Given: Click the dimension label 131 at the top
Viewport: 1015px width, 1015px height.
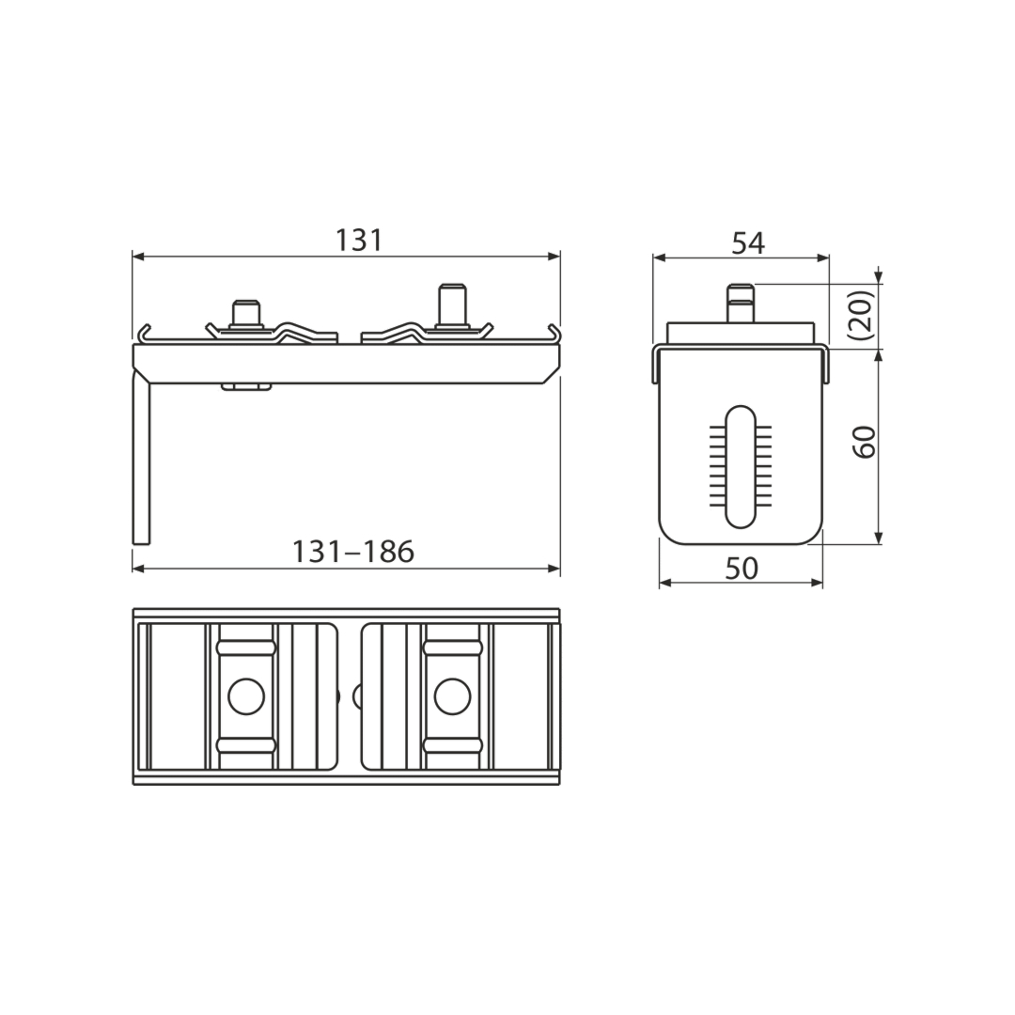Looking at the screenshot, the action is [x=359, y=241].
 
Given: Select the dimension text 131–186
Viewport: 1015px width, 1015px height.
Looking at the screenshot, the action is [x=352, y=553].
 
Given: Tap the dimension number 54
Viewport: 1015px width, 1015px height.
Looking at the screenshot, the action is [x=748, y=243].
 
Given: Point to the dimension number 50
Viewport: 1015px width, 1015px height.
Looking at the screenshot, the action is [x=742, y=569].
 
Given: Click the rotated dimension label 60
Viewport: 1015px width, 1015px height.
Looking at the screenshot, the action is [x=865, y=443].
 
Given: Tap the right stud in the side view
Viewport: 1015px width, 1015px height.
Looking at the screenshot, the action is [x=452, y=305].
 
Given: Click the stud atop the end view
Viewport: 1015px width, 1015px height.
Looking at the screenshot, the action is [x=742, y=303].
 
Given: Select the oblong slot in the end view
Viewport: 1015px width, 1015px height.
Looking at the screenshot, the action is [x=741, y=466].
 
